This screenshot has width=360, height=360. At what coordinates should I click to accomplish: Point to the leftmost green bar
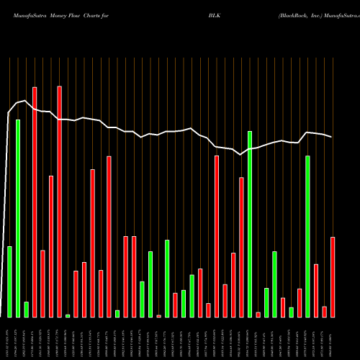click(x=9, y=282)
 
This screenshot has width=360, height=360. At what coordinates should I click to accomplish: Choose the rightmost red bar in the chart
click(x=333, y=276)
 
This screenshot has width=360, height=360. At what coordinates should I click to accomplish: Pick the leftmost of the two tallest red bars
click(x=35, y=202)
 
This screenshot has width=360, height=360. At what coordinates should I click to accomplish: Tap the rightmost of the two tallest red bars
click(x=60, y=202)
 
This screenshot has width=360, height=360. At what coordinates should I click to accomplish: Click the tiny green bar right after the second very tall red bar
click(x=68, y=315)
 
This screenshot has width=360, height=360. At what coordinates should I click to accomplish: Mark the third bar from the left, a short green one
click(x=26, y=310)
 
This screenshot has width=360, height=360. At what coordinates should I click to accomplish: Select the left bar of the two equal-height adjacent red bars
click(x=125, y=276)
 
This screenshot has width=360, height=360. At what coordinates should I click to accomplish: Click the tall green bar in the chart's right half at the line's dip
click(x=250, y=223)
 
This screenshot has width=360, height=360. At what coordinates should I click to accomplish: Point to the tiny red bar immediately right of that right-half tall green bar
click(x=258, y=314)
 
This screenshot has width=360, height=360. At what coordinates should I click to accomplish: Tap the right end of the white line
click(x=331, y=137)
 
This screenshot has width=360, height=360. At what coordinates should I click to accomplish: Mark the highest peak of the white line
click(x=26, y=101)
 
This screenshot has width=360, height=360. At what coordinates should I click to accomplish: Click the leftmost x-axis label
click(x=9, y=338)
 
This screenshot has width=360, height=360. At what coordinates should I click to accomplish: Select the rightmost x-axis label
click(x=333, y=338)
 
